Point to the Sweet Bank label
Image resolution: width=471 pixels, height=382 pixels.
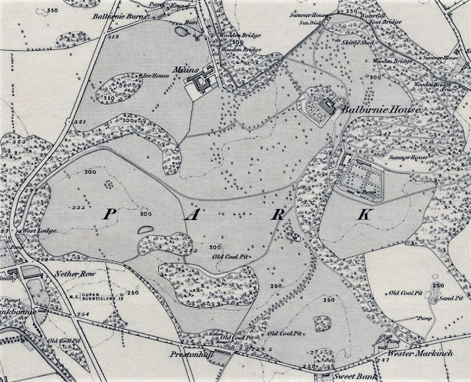pos(349,374)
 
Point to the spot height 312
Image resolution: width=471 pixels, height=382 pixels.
pos(113,36)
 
